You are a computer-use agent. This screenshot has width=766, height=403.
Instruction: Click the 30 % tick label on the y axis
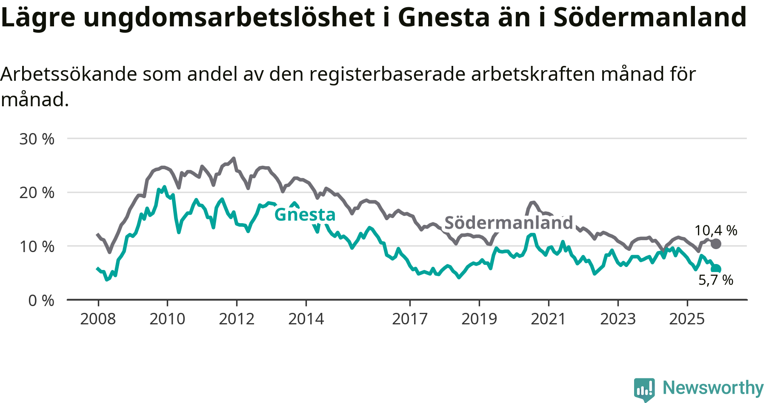click(37, 139)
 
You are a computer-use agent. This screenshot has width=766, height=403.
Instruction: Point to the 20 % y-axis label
click(37, 193)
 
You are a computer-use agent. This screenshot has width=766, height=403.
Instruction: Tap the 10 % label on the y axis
click(37, 247)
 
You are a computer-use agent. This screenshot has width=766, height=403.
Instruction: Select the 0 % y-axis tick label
click(41, 301)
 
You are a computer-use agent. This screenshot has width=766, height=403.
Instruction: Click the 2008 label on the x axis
click(98, 319)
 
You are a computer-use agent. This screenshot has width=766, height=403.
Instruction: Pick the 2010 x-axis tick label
click(167, 319)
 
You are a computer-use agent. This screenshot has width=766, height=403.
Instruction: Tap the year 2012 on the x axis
click(237, 319)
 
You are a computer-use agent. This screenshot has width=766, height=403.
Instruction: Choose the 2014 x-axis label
click(306, 319)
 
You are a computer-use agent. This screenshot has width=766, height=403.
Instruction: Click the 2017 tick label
click(410, 319)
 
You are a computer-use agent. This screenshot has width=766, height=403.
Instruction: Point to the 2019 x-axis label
click(479, 319)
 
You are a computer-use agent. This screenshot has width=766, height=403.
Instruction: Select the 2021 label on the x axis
click(549, 319)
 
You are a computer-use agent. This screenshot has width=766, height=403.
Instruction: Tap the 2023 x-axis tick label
click(618, 319)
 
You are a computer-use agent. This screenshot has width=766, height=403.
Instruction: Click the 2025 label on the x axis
click(687, 319)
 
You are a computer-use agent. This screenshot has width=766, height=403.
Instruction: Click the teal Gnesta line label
click(305, 215)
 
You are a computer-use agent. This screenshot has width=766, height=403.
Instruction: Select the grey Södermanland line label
click(509, 223)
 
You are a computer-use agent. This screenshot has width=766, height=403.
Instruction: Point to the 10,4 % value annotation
click(716, 230)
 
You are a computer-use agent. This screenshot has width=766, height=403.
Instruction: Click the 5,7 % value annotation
click(716, 280)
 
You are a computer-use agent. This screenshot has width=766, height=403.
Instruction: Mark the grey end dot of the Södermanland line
click(716, 244)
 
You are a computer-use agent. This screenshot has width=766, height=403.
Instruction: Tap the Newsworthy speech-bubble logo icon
click(644, 389)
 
